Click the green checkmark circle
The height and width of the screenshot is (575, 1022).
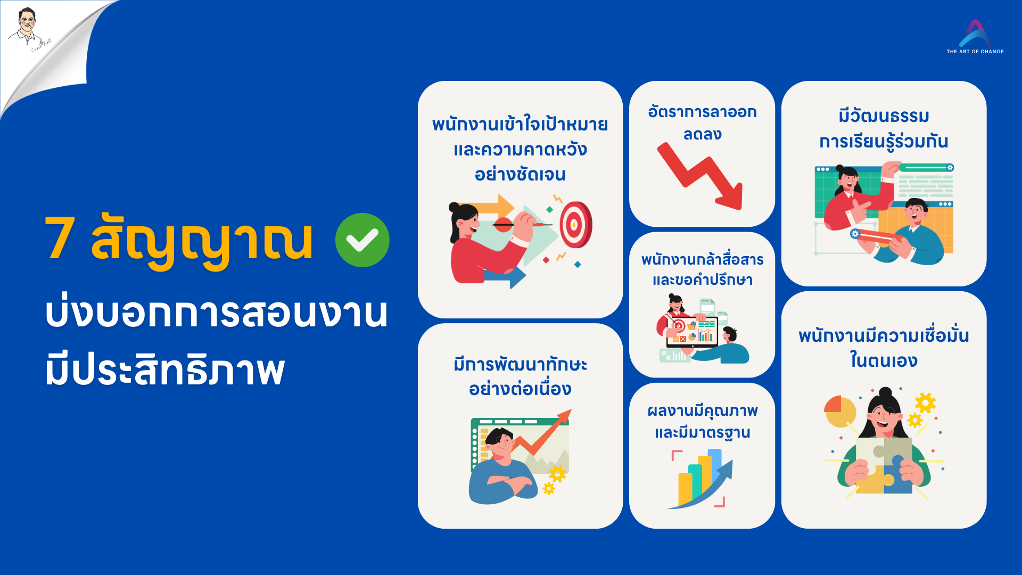(x=362, y=240)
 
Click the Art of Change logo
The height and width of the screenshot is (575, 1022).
(x=975, y=37)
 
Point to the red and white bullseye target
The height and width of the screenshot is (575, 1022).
(x=575, y=224)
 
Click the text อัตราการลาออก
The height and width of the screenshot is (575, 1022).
(x=702, y=112)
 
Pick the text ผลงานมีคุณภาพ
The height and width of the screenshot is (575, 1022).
(x=702, y=411)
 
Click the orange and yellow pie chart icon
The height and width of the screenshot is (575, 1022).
(x=839, y=411)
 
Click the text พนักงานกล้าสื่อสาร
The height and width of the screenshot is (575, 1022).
(x=702, y=260)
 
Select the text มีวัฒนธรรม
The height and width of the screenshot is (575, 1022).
(x=884, y=116)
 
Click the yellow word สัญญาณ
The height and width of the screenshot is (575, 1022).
(x=202, y=240)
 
